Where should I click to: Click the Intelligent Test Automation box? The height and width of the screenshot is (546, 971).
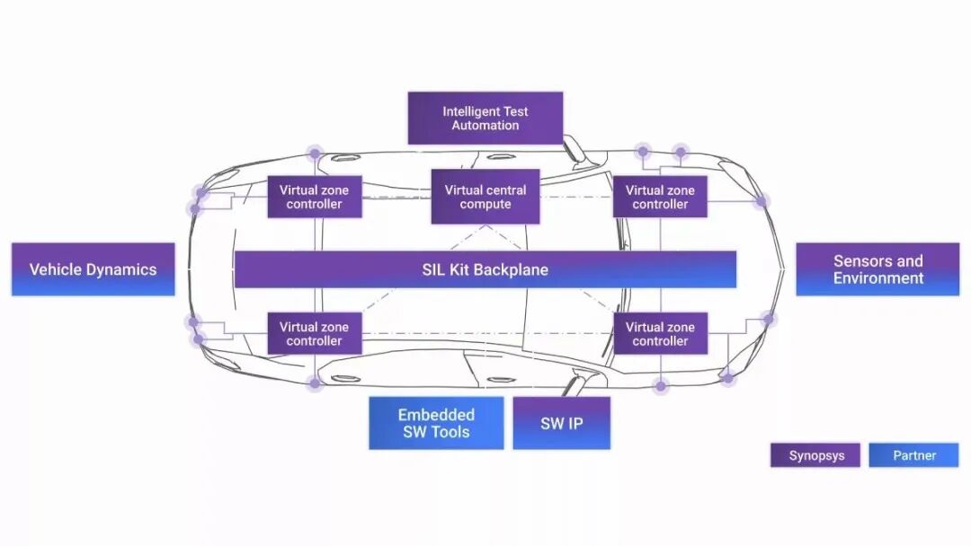pos(485,119)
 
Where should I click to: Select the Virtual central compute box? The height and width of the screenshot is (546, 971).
pos(485,197)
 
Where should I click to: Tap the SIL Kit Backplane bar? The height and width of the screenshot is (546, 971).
pos(485,269)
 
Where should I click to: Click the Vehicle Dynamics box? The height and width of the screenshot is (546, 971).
pos(93,269)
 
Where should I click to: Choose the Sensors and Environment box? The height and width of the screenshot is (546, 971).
pos(877,269)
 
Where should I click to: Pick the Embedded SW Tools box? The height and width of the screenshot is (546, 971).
pos(436,423)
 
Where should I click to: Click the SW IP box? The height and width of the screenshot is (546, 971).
pos(562,423)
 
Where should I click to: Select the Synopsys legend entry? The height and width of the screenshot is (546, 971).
pos(815,455)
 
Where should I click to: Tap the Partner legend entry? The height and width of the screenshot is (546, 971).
pos(913,455)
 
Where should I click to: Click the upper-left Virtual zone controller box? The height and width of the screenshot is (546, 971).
pos(315,197)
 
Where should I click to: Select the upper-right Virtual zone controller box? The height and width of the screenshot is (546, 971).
pos(660,197)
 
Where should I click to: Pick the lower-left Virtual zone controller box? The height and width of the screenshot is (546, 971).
pos(315,333)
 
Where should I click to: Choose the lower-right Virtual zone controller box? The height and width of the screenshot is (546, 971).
pos(660,333)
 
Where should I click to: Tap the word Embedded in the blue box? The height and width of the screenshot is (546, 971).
pos(436,415)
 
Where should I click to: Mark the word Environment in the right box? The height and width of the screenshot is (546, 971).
pos(877,278)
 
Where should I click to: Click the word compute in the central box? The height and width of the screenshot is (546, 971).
pos(485,205)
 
